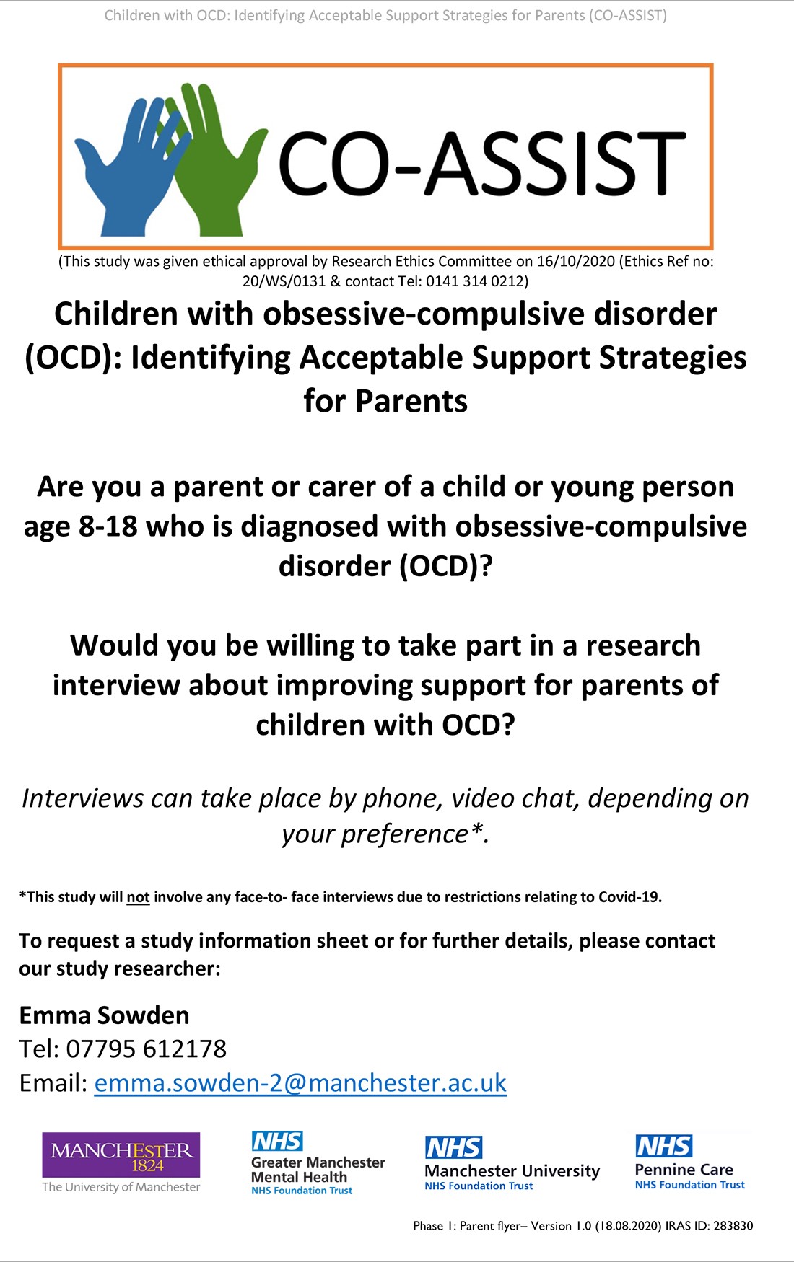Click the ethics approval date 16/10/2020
[576, 261]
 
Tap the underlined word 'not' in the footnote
[138, 897]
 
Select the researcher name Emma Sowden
[104, 1015]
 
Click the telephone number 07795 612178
[147, 1049]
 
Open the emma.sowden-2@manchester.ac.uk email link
[300, 1083]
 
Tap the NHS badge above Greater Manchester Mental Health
[277, 1142]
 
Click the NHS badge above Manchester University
[453, 1147]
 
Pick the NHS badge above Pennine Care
[664, 1146]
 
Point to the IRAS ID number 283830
[733, 1226]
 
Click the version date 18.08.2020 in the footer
[628, 1226]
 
